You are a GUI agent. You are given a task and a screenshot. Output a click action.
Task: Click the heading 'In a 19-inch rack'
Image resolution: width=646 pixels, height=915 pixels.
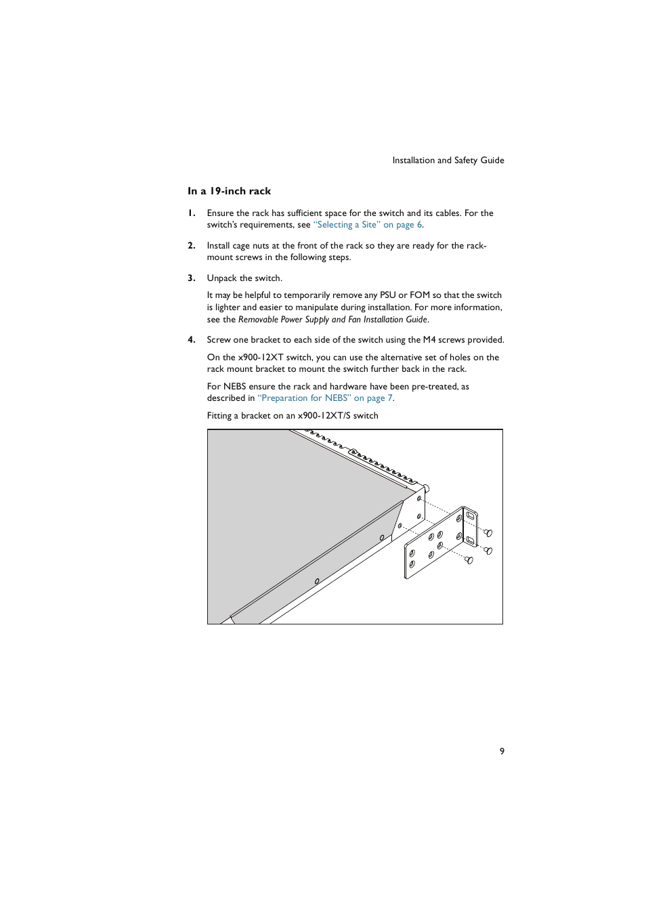(x=229, y=191)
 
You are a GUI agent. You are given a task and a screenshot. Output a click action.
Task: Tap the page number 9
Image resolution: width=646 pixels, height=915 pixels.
(x=502, y=751)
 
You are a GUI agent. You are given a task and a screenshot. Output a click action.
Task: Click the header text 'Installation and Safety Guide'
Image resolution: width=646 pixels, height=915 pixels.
(x=448, y=161)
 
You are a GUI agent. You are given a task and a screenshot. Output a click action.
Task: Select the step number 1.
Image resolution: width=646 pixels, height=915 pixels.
(x=192, y=213)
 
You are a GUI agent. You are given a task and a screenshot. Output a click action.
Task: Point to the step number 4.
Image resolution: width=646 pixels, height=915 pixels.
(x=192, y=340)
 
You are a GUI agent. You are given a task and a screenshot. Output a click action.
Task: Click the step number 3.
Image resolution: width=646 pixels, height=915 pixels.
(x=192, y=278)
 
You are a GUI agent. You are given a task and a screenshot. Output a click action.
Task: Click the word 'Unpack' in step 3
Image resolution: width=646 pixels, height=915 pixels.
(x=221, y=278)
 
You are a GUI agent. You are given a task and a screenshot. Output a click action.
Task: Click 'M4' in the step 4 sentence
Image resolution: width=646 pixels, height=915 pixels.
(x=429, y=340)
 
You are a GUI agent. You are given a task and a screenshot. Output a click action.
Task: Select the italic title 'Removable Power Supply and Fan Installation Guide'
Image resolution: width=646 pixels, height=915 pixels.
(x=332, y=320)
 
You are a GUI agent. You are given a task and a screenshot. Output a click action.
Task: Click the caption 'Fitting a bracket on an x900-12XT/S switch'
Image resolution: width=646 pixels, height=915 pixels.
(x=293, y=416)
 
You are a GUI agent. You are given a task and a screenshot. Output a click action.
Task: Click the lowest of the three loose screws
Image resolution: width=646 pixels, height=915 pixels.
(x=469, y=560)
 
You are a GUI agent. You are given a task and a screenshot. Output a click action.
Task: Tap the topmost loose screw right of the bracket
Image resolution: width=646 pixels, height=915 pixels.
(x=488, y=533)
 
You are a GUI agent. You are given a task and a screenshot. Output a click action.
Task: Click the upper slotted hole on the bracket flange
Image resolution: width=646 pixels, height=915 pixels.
(x=471, y=516)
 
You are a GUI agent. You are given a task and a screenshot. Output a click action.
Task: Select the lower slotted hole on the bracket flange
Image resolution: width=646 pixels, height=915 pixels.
(x=470, y=540)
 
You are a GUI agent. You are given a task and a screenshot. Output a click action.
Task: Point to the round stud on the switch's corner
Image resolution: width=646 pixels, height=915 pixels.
(x=426, y=488)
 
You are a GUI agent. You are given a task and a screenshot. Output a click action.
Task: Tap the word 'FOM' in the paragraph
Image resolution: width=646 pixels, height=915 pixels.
(x=419, y=295)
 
